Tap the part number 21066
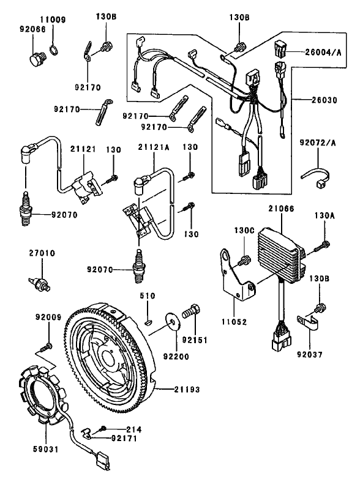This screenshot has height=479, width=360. click(x=281, y=209)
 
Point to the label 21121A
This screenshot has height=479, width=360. click(x=149, y=147)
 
